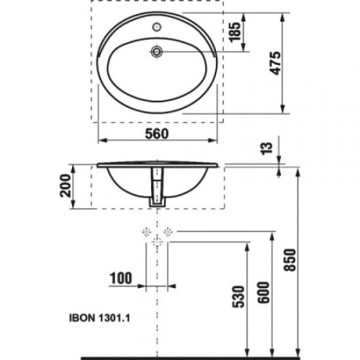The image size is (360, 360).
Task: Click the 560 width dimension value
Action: [x=158, y=134]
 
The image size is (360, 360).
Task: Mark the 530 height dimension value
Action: [x=240, y=298]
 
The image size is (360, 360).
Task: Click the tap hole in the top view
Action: [x=157, y=28]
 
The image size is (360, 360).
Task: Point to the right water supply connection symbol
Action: [x=169, y=231]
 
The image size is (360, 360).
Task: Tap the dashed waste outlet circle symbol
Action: [x=157, y=241]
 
